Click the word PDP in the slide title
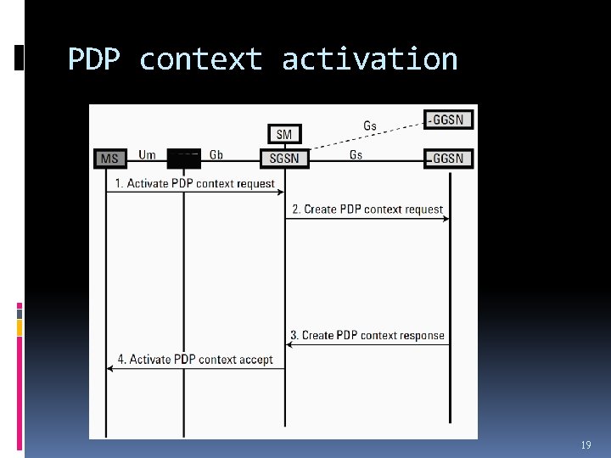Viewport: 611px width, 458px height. click(95, 59)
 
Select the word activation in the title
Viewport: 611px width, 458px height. click(370, 59)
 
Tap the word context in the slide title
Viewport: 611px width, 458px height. click(201, 59)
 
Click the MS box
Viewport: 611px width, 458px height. click(110, 158)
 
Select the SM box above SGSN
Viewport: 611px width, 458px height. click(284, 134)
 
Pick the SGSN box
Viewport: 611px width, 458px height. click(284, 158)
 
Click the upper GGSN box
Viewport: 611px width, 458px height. click(448, 120)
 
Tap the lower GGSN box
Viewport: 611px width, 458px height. click(448, 158)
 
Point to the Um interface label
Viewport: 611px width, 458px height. click(147, 155)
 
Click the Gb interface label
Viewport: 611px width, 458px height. click(216, 155)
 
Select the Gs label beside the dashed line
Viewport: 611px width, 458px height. click(370, 126)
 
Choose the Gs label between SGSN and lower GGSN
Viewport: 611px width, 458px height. click(356, 155)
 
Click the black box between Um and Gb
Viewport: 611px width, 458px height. click(183, 159)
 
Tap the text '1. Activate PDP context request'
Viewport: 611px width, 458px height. click(195, 183)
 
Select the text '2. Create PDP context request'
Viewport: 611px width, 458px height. click(367, 209)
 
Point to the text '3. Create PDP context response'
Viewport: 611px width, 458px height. click(367, 335)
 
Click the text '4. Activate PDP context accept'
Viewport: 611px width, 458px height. click(195, 360)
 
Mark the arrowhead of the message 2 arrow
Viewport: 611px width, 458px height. click(446, 219)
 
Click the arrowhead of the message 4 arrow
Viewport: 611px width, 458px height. click(110, 368)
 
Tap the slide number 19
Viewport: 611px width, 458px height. click(586, 445)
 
